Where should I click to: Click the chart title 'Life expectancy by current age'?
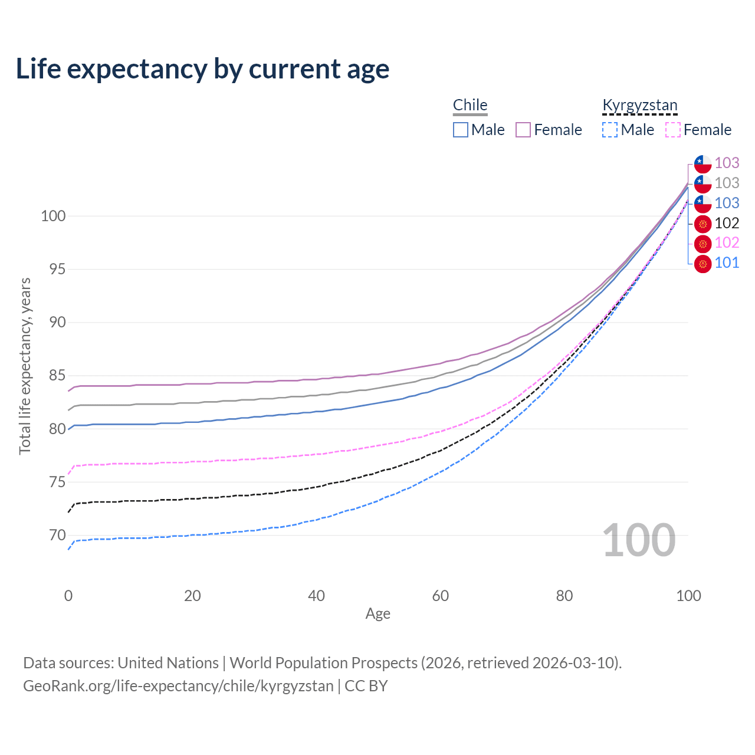(x=202, y=69)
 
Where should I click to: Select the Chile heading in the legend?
(x=470, y=105)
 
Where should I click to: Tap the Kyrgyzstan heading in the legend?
(x=640, y=106)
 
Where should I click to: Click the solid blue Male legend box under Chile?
(x=460, y=130)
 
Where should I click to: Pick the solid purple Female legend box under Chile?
(x=523, y=130)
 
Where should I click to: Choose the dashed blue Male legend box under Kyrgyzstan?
(x=610, y=130)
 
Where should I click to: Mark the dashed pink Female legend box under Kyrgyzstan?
(x=673, y=130)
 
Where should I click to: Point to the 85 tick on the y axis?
(x=57, y=375)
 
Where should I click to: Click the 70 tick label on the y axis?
(x=57, y=535)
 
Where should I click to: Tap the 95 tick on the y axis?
(x=57, y=269)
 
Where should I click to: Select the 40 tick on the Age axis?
(x=316, y=596)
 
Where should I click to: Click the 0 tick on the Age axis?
(x=68, y=596)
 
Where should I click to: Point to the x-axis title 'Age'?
(x=377, y=614)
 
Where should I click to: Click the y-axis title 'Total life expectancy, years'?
(x=25, y=366)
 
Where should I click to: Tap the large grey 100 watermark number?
(x=639, y=540)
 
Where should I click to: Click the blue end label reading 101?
(x=727, y=262)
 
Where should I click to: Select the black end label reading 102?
(x=727, y=223)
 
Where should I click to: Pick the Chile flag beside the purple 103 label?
(x=703, y=164)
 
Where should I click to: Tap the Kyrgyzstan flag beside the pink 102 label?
(x=703, y=244)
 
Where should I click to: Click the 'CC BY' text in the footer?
(x=366, y=686)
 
